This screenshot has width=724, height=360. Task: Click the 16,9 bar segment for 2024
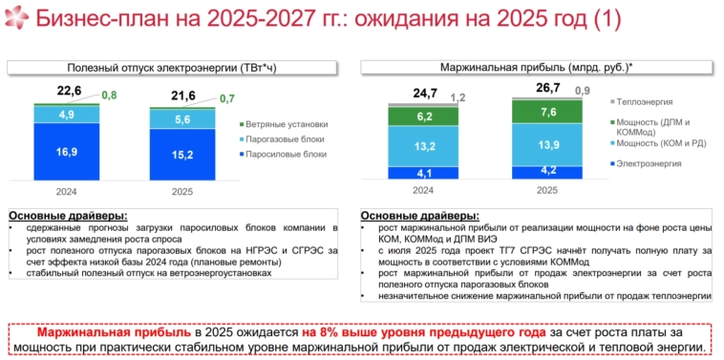pos(68,152)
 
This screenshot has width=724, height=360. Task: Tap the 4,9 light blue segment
pos(68,115)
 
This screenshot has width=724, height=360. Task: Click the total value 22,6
pos(69,91)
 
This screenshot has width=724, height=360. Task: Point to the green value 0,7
pos(227,98)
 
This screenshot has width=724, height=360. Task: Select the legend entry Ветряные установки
pos(286,124)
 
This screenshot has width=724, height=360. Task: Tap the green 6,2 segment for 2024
pos(424,116)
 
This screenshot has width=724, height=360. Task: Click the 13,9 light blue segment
pos(548,144)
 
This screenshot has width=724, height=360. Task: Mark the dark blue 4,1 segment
pos(424,173)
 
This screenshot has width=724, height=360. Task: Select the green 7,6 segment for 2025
pos(548,112)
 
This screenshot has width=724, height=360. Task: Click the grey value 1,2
pos(458,97)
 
